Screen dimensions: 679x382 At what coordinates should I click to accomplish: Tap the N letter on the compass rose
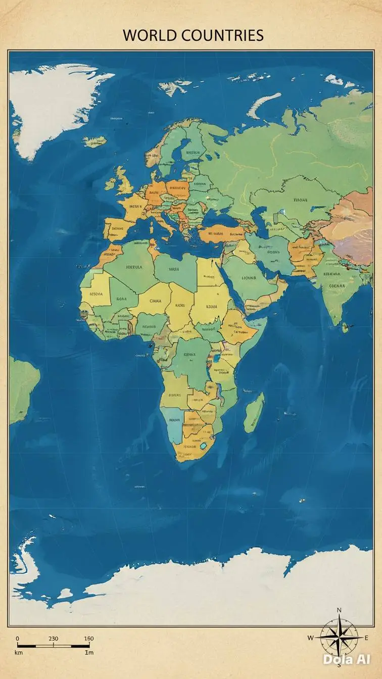[339, 610]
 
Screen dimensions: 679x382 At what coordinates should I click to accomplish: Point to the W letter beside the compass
[310, 638]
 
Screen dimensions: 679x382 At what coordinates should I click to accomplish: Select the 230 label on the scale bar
[53, 639]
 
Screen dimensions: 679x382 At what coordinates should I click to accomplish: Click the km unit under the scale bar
[19, 653]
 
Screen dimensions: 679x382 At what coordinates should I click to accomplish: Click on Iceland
[94, 141]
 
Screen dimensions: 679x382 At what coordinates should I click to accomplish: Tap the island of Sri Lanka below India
[345, 327]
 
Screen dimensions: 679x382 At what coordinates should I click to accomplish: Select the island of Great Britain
[122, 180]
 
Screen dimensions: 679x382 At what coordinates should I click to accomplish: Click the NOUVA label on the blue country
[175, 420]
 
